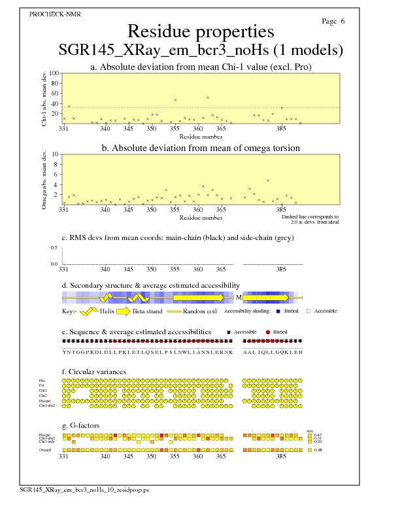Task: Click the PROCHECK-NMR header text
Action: [x=51, y=14]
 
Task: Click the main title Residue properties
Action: [x=201, y=31]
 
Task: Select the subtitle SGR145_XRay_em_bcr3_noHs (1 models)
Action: [x=201, y=50]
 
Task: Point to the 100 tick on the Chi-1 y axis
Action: [x=54, y=73]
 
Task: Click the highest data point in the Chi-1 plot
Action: [x=208, y=97]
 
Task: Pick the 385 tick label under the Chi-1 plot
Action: [x=282, y=129]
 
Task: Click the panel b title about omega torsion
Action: [x=201, y=148]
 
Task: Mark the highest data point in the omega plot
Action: [x=268, y=181]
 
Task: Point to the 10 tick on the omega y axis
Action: [x=56, y=154]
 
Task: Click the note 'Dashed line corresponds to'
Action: [x=310, y=216]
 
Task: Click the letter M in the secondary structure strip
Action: [x=239, y=297]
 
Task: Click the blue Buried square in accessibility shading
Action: [x=278, y=311]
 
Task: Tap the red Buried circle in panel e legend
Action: [x=268, y=332]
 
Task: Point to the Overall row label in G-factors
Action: [x=44, y=450]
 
